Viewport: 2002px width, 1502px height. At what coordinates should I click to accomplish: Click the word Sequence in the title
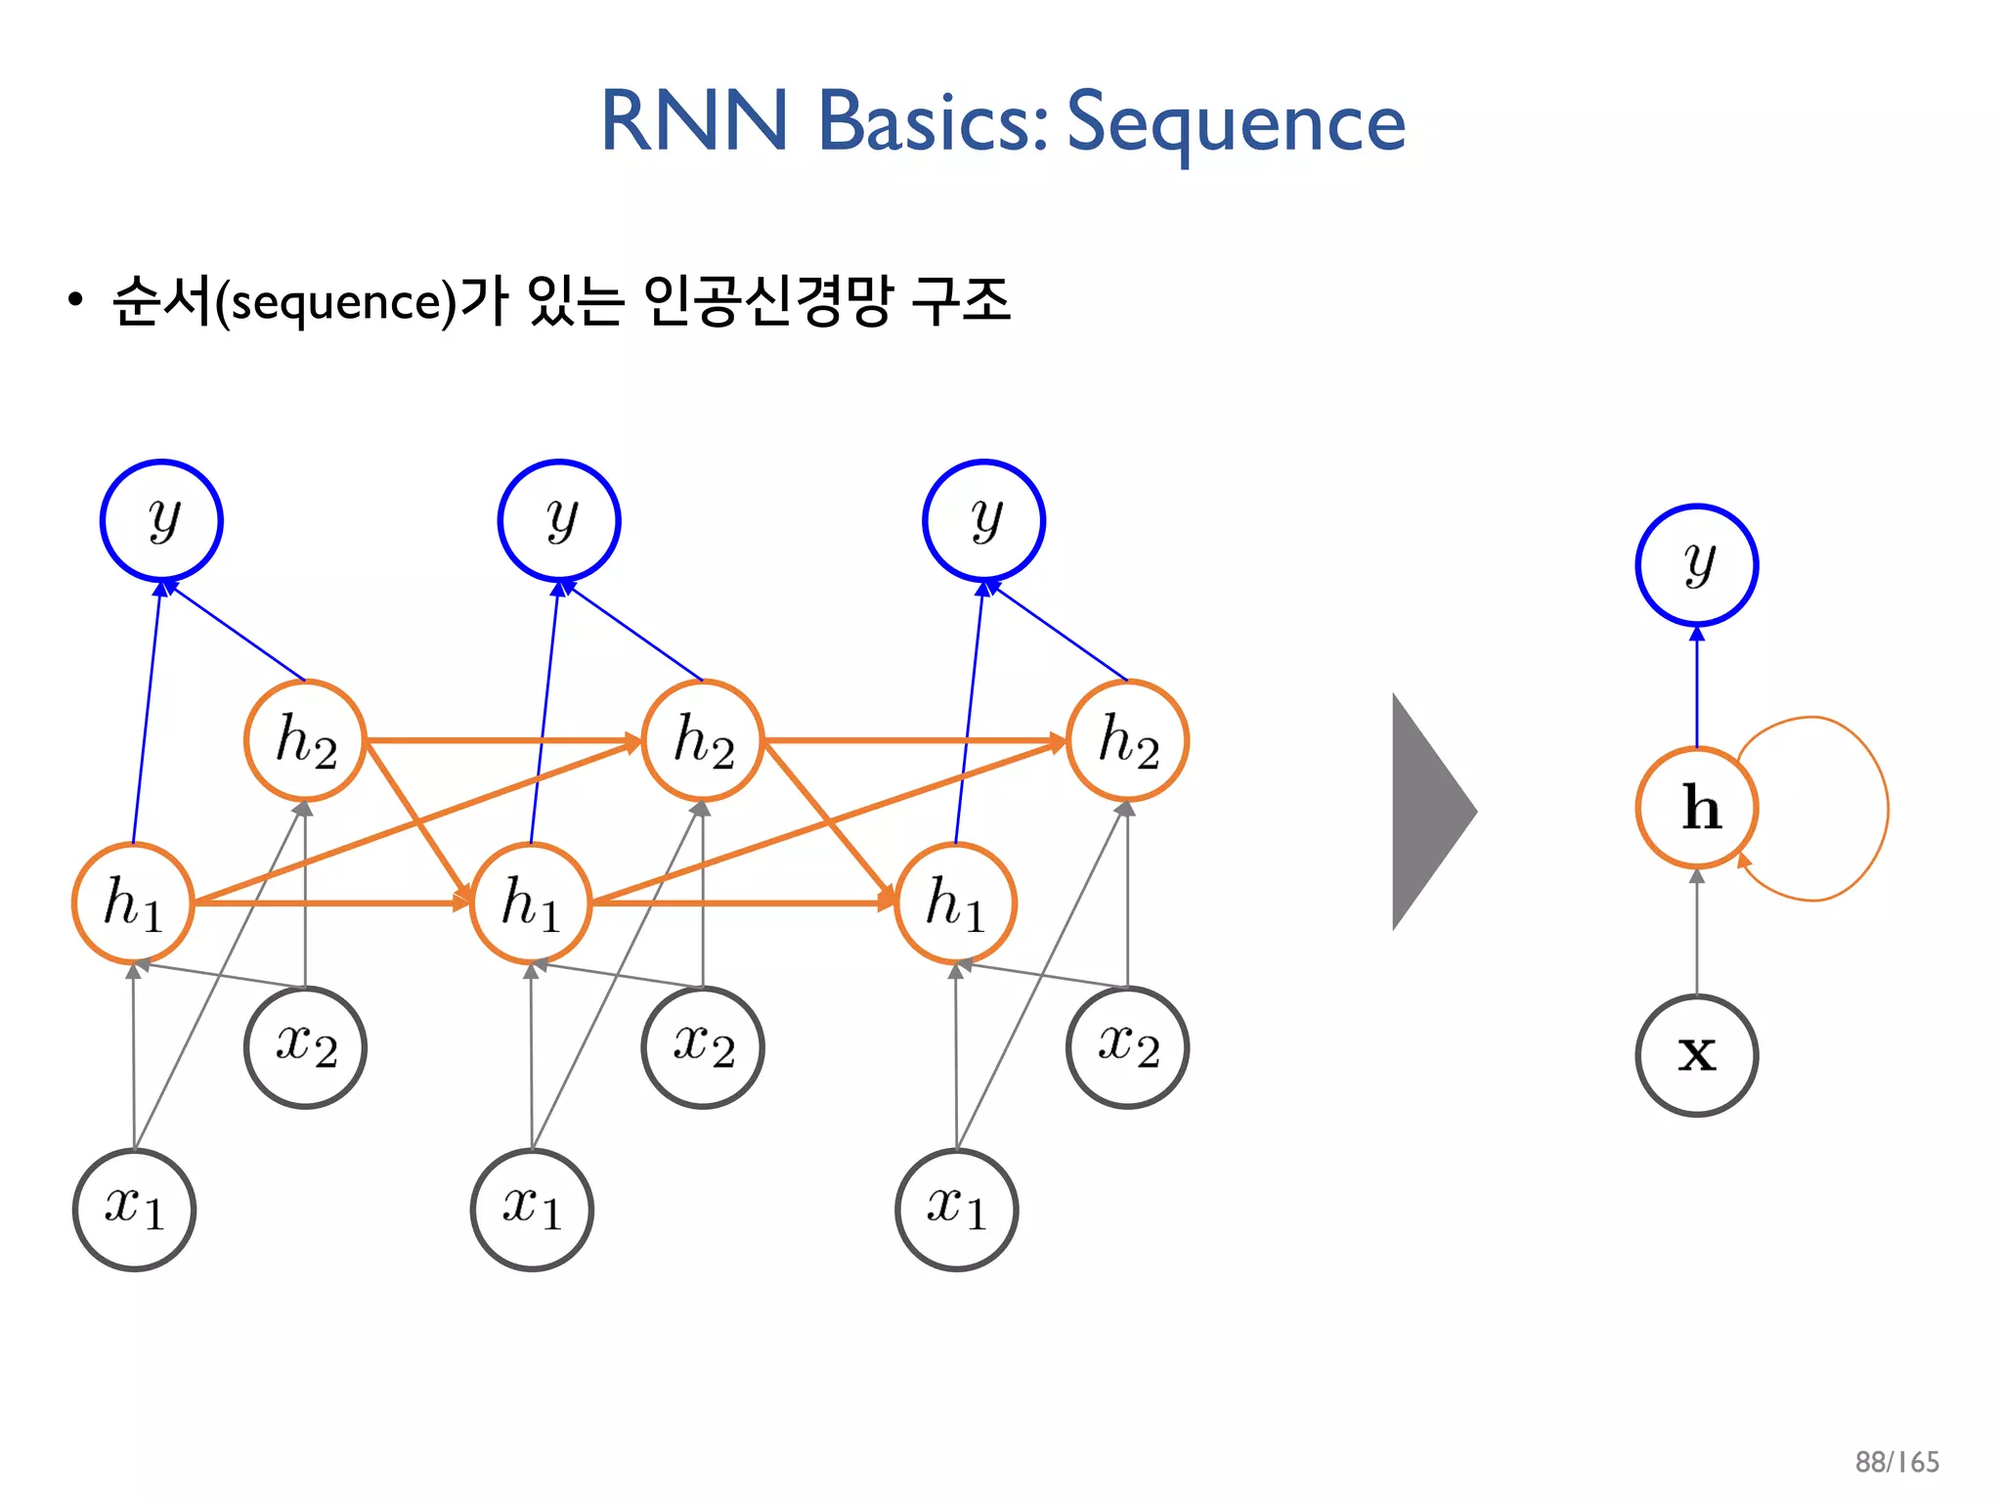click(1235, 122)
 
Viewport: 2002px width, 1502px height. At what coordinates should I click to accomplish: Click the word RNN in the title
click(693, 122)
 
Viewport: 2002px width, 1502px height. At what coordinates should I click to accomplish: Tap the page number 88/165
click(1896, 1462)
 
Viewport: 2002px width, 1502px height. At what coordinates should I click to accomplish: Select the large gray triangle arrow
click(1427, 812)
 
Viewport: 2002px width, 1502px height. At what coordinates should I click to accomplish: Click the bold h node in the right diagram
click(1697, 808)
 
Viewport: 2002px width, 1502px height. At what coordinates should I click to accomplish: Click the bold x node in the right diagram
click(1697, 1055)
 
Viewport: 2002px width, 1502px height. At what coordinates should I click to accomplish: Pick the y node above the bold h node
click(1697, 565)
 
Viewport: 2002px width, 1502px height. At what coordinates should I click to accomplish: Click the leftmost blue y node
click(161, 520)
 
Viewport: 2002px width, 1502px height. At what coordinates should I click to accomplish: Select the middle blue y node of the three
click(559, 520)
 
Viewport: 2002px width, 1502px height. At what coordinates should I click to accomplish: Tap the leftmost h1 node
click(133, 903)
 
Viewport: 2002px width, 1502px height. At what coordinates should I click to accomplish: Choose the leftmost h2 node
click(305, 740)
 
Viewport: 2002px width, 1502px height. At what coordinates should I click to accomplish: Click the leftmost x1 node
click(134, 1210)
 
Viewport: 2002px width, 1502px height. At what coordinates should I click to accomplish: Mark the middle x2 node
click(703, 1047)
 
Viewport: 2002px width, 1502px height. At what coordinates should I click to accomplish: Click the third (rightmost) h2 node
click(1127, 740)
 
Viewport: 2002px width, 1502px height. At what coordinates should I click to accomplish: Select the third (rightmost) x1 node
click(956, 1210)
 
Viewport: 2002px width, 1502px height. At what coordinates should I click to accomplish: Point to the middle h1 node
click(531, 903)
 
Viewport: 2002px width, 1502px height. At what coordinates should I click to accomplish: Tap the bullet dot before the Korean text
click(75, 300)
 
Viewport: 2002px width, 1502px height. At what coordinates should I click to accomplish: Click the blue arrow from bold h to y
click(1697, 689)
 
